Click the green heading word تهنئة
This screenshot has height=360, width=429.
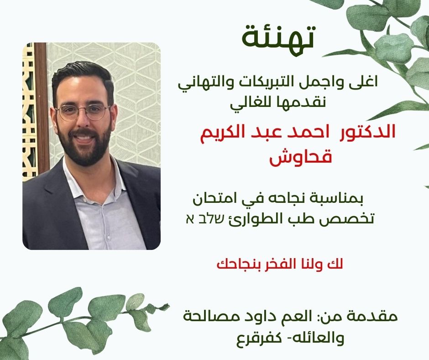tap(278, 39)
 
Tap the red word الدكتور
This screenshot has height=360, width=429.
tap(367, 132)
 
